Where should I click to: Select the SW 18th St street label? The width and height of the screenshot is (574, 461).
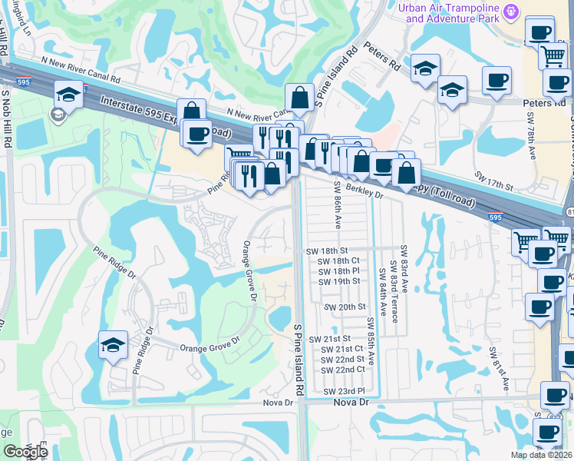coord(327,250)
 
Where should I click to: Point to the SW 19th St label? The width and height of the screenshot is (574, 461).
coord(338,281)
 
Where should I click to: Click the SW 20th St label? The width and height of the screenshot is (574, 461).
coord(345,307)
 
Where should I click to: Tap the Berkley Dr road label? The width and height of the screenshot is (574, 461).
coord(364,191)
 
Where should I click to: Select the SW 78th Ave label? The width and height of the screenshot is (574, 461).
coord(531,138)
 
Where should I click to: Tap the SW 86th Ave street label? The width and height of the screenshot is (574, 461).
coord(338,206)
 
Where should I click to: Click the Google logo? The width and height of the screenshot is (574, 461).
coord(25,452)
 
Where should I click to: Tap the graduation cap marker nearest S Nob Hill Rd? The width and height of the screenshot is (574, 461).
coord(68,95)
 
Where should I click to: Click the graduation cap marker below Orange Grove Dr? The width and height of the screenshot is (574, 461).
coord(113,347)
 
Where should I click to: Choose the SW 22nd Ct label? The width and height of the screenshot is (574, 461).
coord(343,370)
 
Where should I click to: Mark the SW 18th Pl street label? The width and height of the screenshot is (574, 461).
coord(338,271)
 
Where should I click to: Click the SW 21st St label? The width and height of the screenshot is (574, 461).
coord(329,339)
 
